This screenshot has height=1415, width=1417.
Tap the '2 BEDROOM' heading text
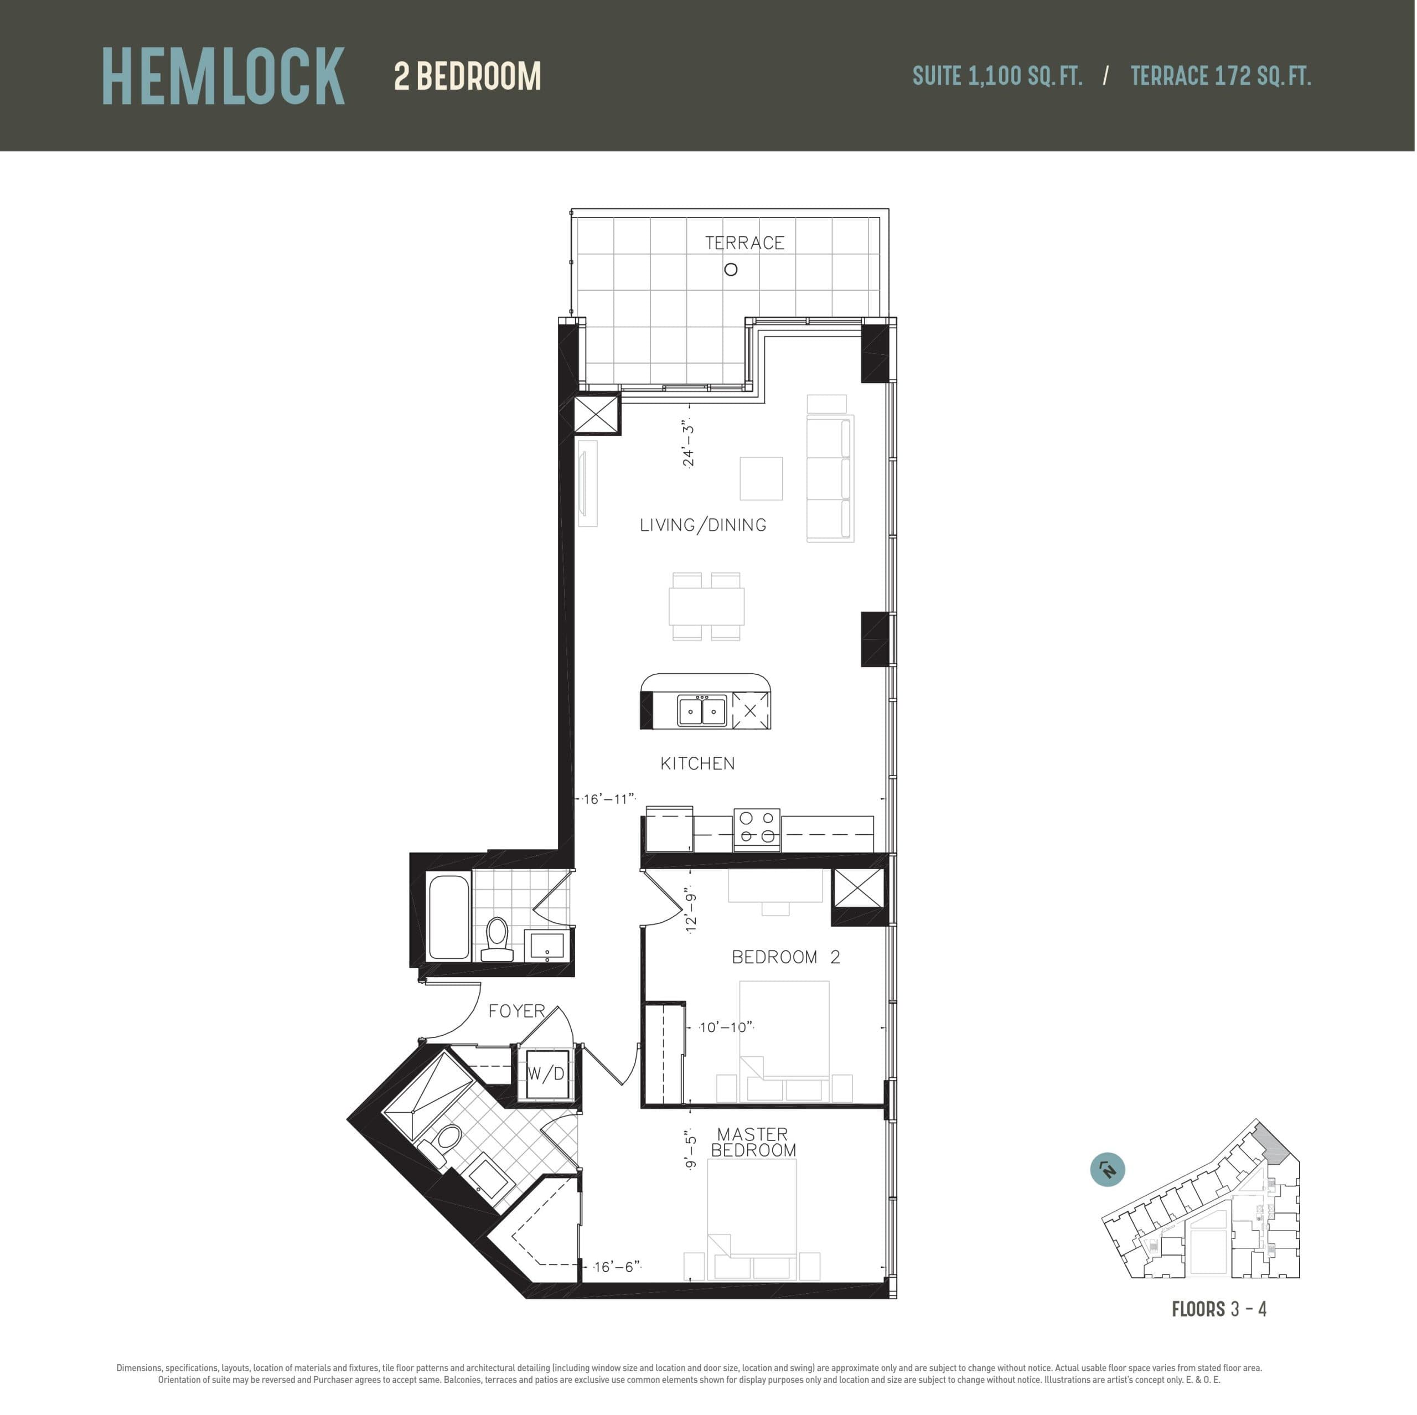point(467,76)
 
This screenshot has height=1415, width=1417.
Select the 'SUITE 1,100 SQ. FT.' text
point(997,76)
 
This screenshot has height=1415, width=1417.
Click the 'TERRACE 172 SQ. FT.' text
point(1221,76)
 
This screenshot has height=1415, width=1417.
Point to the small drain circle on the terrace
point(731,270)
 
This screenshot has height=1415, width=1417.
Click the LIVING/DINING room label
point(702,525)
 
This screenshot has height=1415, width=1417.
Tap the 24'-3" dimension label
point(688,443)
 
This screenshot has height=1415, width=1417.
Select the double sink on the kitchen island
point(702,711)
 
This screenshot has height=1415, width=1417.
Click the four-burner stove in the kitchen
point(757,828)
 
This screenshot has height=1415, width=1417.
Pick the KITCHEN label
point(697,763)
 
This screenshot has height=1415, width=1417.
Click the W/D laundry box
point(546,1075)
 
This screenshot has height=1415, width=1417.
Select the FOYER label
point(516,1011)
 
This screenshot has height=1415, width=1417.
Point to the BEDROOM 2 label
point(785,957)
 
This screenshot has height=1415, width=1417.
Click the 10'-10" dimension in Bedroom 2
point(725,1027)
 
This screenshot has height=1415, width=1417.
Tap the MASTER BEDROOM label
point(753,1142)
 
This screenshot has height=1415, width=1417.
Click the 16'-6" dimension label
point(617,1267)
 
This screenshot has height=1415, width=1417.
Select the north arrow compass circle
point(1108,1169)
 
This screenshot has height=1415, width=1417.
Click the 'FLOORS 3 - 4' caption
point(1219,1309)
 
